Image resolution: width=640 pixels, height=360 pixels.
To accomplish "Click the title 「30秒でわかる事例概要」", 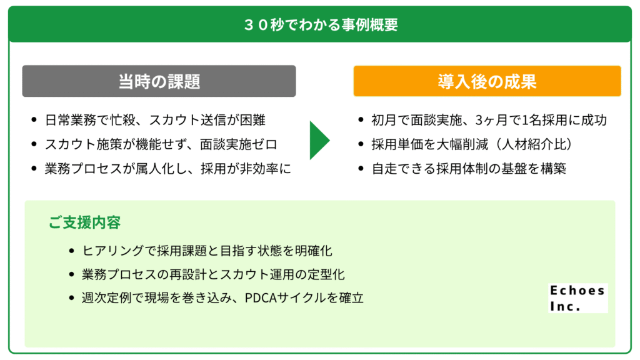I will coord(320,24).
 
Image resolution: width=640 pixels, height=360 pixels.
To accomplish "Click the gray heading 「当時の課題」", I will coord(159,81).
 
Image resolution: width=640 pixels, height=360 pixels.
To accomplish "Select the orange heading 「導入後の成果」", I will coord(487,81).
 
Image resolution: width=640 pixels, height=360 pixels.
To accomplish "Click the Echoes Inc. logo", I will coord(577,298).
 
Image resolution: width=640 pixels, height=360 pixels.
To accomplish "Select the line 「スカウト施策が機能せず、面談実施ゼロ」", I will coord(161,144).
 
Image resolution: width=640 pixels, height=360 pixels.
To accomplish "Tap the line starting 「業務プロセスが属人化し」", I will coord(167,169).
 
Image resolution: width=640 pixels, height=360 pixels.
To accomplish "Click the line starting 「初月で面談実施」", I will coord(489,120).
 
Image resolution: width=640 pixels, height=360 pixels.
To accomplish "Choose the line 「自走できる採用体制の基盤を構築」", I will coord(469,169).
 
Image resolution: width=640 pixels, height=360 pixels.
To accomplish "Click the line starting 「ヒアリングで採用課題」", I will coord(207,251).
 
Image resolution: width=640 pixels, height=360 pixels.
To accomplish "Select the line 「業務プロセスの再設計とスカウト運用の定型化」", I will coord(213,274).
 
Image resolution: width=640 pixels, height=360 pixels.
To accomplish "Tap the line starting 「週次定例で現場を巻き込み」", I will coord(222,298).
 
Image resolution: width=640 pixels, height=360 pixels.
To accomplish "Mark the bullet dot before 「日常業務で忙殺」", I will coord(33,120).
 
